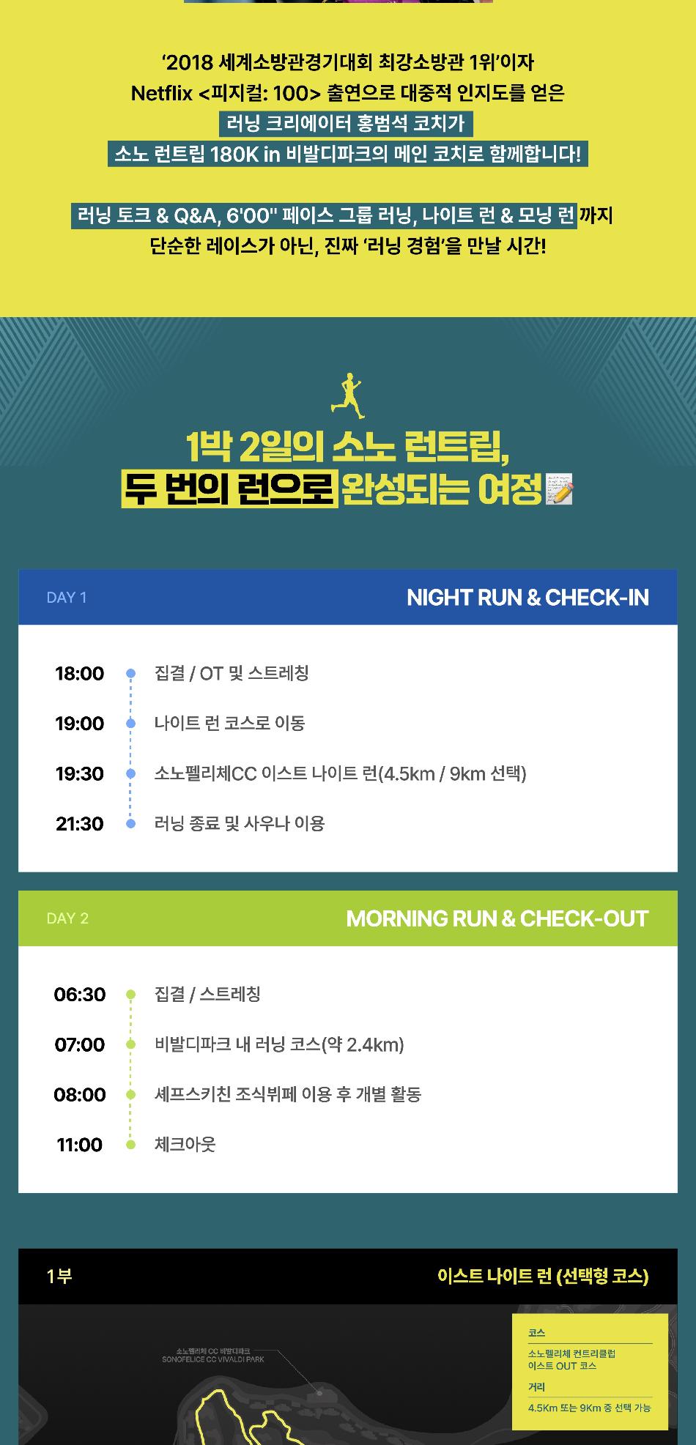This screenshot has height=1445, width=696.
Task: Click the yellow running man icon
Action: click(348, 395)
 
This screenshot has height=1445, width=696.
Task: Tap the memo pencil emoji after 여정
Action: click(560, 490)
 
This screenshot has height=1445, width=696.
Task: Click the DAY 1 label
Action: click(67, 598)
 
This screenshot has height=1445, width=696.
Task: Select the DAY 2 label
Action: click(67, 918)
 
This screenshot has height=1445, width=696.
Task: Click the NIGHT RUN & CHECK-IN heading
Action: click(527, 598)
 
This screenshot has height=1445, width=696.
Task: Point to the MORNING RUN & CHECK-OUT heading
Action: click(497, 918)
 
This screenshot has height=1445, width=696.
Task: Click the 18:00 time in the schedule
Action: click(79, 674)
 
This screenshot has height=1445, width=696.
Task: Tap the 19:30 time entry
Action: click(79, 773)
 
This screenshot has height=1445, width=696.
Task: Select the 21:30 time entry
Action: click(79, 824)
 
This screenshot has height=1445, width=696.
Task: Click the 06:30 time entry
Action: click(79, 995)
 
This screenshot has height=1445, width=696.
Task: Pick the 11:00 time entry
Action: click(79, 1145)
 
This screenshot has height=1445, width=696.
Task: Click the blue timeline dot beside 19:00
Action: click(131, 724)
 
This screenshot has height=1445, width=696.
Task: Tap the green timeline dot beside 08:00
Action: click(131, 1095)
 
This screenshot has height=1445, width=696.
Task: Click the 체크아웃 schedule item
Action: click(185, 1145)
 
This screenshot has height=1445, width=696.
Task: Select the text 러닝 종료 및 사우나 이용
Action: click(240, 824)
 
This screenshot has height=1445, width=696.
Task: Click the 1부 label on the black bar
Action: click(59, 1277)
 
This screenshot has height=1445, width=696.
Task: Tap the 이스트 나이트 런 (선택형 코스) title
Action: click(543, 1277)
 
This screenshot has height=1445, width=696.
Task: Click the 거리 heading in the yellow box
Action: click(536, 1387)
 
